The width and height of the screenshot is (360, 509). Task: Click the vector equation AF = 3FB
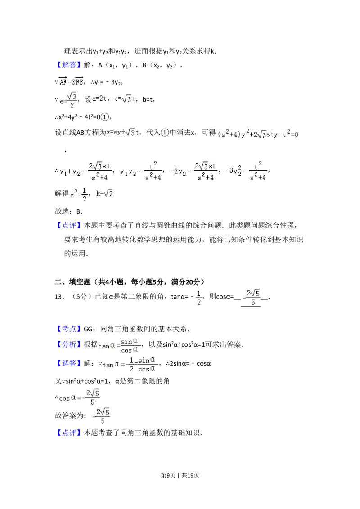coord(71,81)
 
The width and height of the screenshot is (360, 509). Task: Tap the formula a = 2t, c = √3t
coord(113,99)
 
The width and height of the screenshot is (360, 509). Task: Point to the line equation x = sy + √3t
coord(122,132)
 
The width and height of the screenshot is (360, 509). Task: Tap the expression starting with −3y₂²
coord(247,171)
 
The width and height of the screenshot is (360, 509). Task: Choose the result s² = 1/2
coord(79,194)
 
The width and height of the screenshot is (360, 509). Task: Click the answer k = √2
coord(104,193)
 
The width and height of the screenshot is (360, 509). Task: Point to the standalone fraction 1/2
coord(199,297)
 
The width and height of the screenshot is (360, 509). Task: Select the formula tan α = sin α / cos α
coord(120,345)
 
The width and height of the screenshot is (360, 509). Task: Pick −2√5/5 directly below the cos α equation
coord(101,417)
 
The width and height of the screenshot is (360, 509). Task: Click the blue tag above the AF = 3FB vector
coord(70,65)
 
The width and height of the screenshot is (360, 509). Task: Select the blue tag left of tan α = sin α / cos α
coord(70,344)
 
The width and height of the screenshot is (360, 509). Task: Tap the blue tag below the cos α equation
coord(70,433)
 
